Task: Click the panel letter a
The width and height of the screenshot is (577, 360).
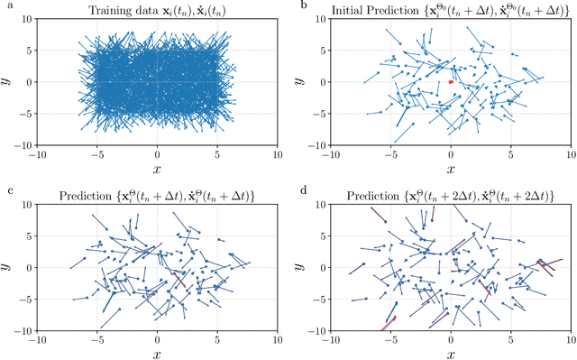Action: (5, 6)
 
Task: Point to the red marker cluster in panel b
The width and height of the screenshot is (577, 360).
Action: (451, 81)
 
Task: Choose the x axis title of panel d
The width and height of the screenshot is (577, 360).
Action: (451, 354)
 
